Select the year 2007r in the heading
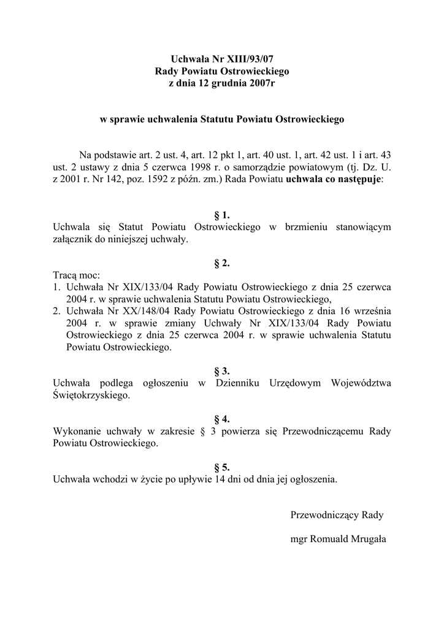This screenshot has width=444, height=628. [260, 83]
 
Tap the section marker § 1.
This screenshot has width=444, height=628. [221, 215]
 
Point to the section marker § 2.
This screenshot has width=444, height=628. [221, 263]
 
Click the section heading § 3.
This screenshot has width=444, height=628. [221, 371]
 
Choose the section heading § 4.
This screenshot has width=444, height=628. [221, 419]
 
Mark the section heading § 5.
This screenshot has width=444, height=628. [221, 467]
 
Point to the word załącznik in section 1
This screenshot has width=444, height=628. [74, 239]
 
